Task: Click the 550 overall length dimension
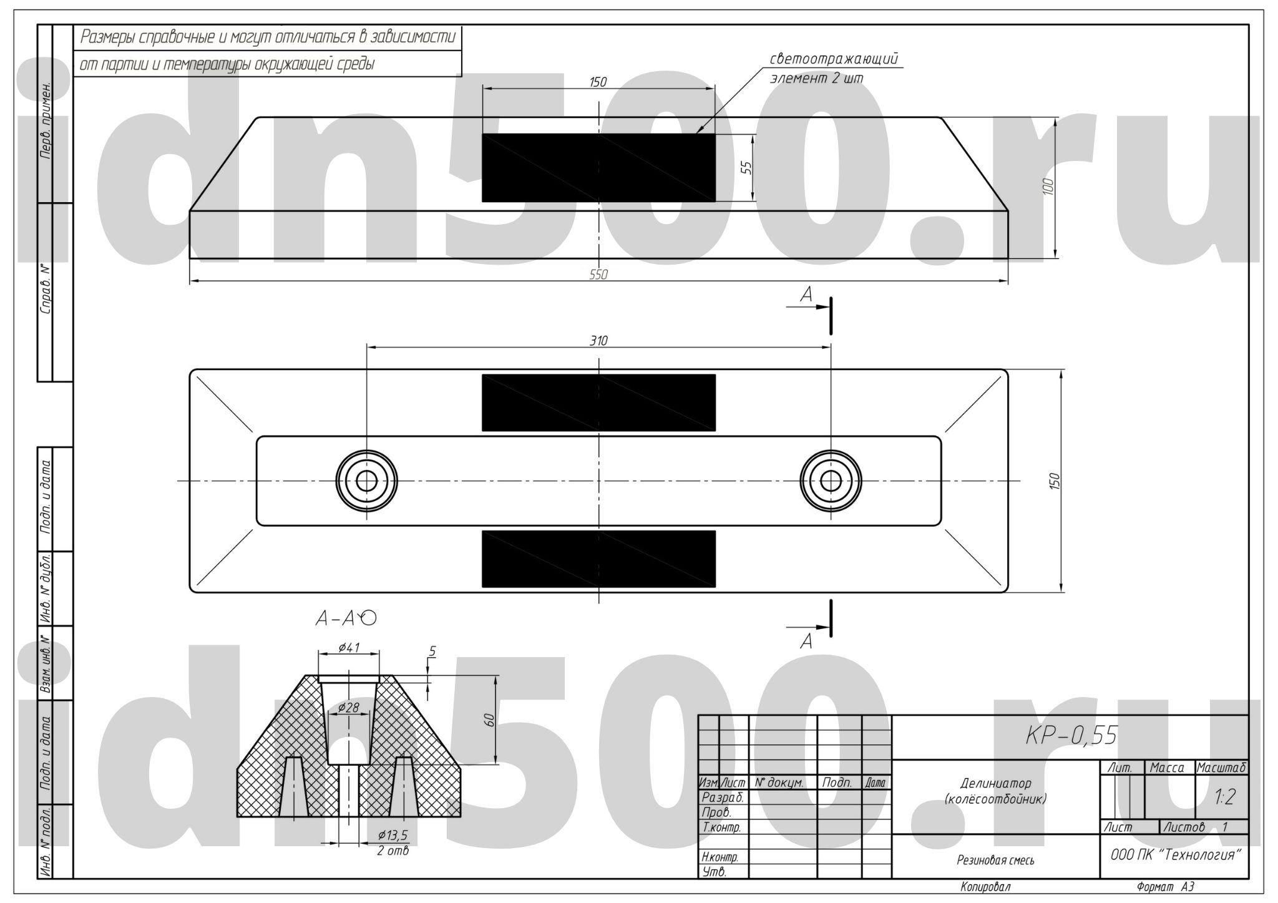click(x=598, y=275)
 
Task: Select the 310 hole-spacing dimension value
click(x=598, y=341)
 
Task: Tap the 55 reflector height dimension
click(x=747, y=167)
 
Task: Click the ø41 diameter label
click(x=349, y=647)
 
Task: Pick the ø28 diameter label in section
click(x=348, y=707)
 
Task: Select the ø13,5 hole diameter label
click(x=393, y=835)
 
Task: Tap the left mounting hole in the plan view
click(x=367, y=481)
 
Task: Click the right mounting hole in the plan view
click(x=831, y=481)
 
